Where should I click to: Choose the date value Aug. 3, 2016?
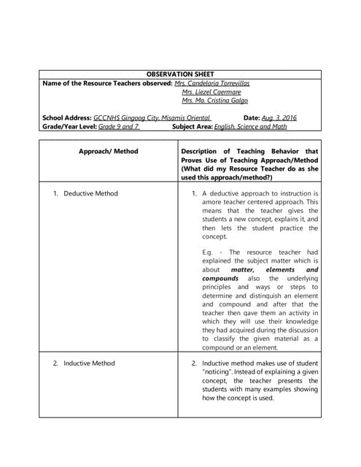tap(279, 117)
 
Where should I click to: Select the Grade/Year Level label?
tap(70, 126)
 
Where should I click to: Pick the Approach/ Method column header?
tap(108, 151)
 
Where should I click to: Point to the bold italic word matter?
tap(242, 269)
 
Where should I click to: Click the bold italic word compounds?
tap(220, 278)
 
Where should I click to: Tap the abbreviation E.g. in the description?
tap(207, 252)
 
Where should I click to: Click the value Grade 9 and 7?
tap(118, 126)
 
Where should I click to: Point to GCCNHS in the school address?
tap(107, 117)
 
